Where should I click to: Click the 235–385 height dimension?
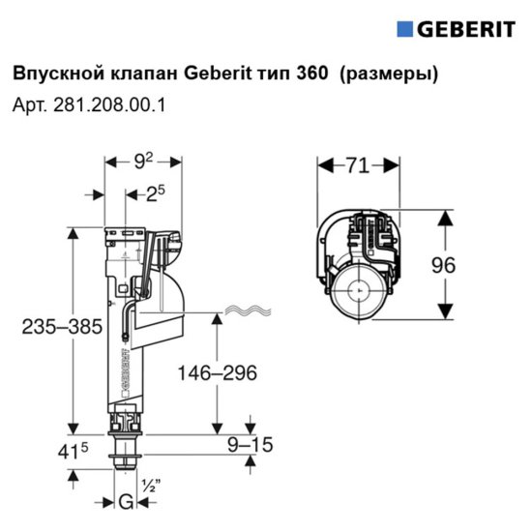click(x=62, y=327)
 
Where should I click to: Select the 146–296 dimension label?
click(x=218, y=373)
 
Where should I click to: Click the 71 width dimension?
click(x=357, y=166)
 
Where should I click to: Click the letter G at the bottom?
click(x=125, y=502)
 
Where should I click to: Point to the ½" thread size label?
click(x=149, y=486)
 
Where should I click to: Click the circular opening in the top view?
click(x=357, y=291)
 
